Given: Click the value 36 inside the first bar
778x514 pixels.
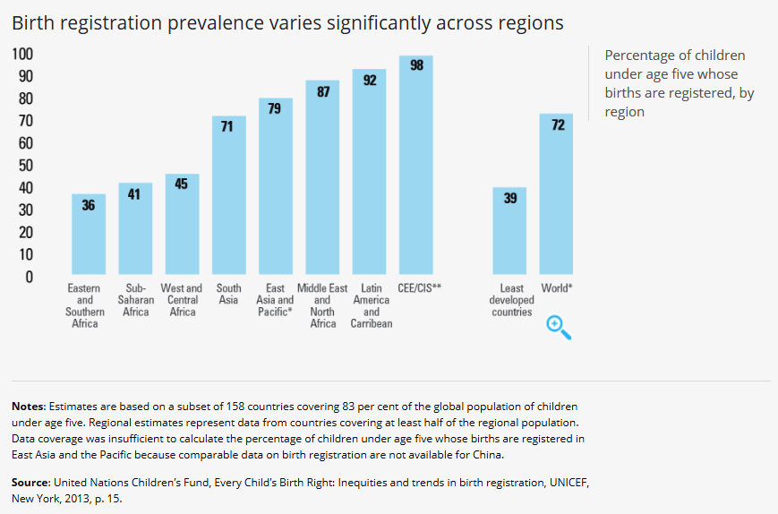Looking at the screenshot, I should (x=88, y=205).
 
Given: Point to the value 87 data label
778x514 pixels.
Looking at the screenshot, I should (x=322, y=91).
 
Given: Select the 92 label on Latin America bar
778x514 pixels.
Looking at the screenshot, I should (x=369, y=81).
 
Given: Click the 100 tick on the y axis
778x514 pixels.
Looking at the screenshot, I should (x=22, y=55).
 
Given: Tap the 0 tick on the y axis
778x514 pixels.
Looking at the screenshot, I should (x=29, y=277).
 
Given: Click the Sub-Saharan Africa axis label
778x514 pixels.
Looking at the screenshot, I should (x=135, y=300).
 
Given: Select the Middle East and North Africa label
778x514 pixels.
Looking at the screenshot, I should (x=322, y=305).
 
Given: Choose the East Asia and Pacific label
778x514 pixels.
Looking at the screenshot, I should (x=275, y=300).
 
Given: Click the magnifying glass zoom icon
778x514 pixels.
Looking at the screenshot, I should (x=558, y=328).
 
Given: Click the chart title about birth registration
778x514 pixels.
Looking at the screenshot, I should (x=287, y=23).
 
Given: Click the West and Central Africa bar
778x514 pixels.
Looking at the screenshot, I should (x=182, y=224).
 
